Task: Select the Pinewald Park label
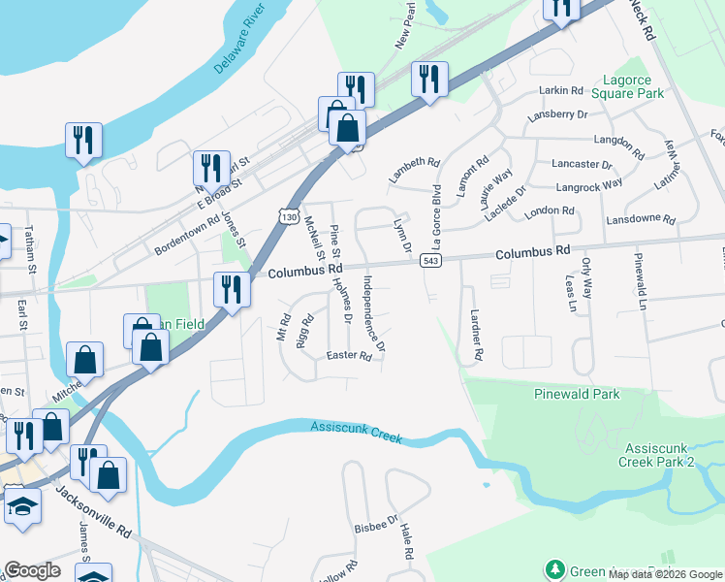coord(576,395)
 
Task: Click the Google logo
coord(32,570)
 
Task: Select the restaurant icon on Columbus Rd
coord(232,289)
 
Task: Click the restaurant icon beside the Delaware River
coord(83,140)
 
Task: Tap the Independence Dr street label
coord(373,313)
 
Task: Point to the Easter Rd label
coord(350,356)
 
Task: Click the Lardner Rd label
coord(475,334)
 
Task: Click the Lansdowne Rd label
coord(640,220)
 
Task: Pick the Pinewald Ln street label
coord(640,281)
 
